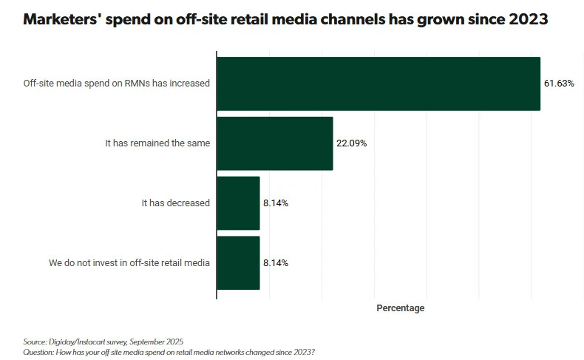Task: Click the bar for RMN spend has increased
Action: [378, 84]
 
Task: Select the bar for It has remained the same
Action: [274, 143]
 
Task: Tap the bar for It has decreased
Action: [238, 203]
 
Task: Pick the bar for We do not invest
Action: [238, 262]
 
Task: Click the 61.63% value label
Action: [560, 84]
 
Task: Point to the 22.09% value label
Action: [351, 143]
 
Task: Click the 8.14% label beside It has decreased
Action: [275, 203]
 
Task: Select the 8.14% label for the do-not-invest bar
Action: [275, 262]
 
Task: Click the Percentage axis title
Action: [400, 308]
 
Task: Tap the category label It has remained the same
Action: [157, 143]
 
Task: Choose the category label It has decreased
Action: [176, 203]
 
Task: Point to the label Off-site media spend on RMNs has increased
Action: [117, 84]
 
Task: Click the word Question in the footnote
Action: [38, 351]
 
